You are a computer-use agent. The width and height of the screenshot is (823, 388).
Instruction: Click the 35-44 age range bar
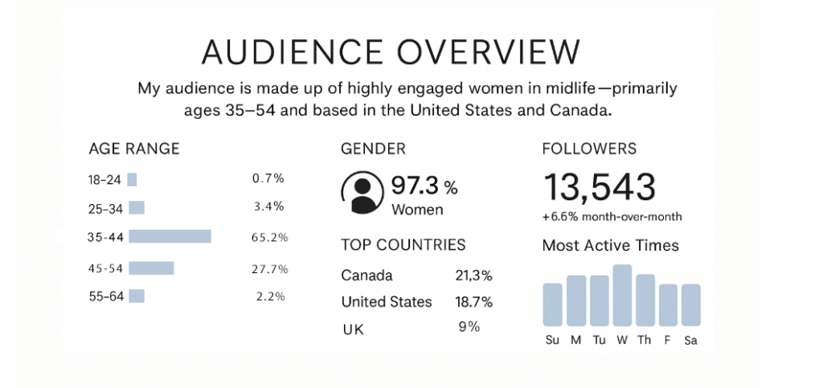(170, 236)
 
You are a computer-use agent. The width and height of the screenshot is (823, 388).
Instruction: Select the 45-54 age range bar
(151, 268)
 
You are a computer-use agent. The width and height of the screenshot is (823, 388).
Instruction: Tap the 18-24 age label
(105, 180)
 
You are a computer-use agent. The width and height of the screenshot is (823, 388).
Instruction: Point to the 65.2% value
(269, 237)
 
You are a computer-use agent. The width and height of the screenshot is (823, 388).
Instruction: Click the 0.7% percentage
(268, 178)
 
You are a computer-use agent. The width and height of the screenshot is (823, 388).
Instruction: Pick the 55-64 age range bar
(137, 296)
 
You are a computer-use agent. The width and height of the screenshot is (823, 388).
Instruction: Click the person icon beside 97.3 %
(362, 193)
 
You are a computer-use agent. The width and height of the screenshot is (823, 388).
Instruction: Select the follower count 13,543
(600, 187)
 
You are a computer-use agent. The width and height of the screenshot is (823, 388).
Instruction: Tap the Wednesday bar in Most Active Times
(622, 294)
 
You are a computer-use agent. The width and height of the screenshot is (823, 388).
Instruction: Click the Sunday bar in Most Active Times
(552, 304)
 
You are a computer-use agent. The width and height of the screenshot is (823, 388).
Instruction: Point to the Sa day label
(690, 340)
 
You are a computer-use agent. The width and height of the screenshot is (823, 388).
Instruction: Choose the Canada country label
(367, 276)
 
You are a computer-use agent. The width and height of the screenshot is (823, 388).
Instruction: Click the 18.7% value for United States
(474, 302)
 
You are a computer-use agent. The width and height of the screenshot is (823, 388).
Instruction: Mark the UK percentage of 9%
(469, 327)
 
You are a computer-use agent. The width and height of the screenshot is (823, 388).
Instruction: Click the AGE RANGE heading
(134, 149)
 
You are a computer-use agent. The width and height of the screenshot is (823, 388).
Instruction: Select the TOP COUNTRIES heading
(403, 245)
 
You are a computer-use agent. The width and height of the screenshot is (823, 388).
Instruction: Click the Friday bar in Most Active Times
(668, 304)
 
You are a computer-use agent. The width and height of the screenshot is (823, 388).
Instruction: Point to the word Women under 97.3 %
(417, 210)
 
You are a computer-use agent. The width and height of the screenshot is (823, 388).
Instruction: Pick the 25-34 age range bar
(137, 207)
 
